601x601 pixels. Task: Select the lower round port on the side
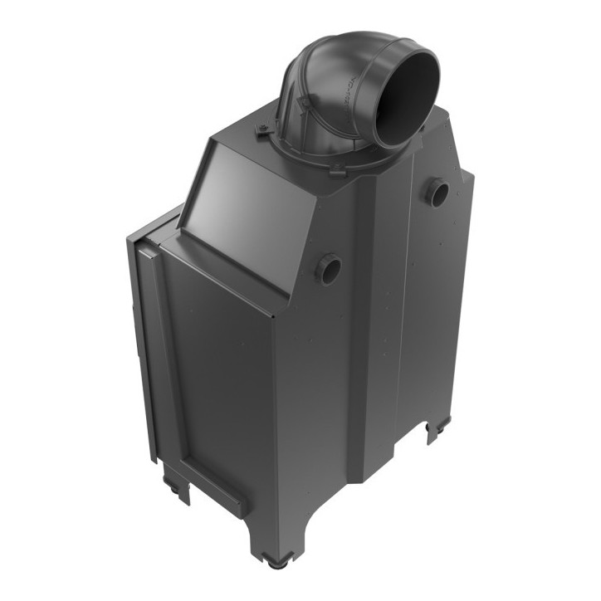click(328, 269)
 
